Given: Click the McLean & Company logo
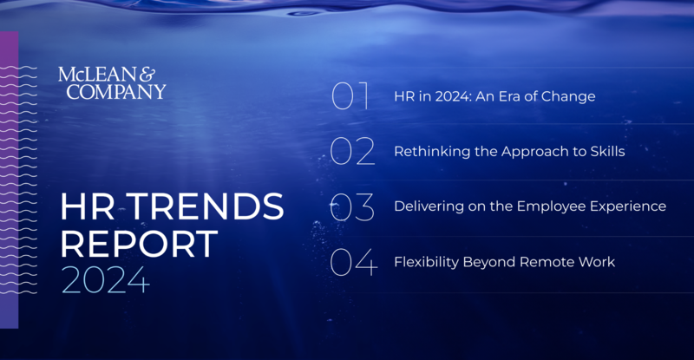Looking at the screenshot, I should (111, 82).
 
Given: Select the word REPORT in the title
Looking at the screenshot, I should (138, 245).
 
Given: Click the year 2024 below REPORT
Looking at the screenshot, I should (104, 282).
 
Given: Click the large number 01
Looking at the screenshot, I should (350, 96).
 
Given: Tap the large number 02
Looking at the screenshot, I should (353, 152).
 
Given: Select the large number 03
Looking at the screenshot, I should (353, 207).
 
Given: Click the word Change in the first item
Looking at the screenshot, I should (569, 96).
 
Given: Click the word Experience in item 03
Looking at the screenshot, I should (629, 207).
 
